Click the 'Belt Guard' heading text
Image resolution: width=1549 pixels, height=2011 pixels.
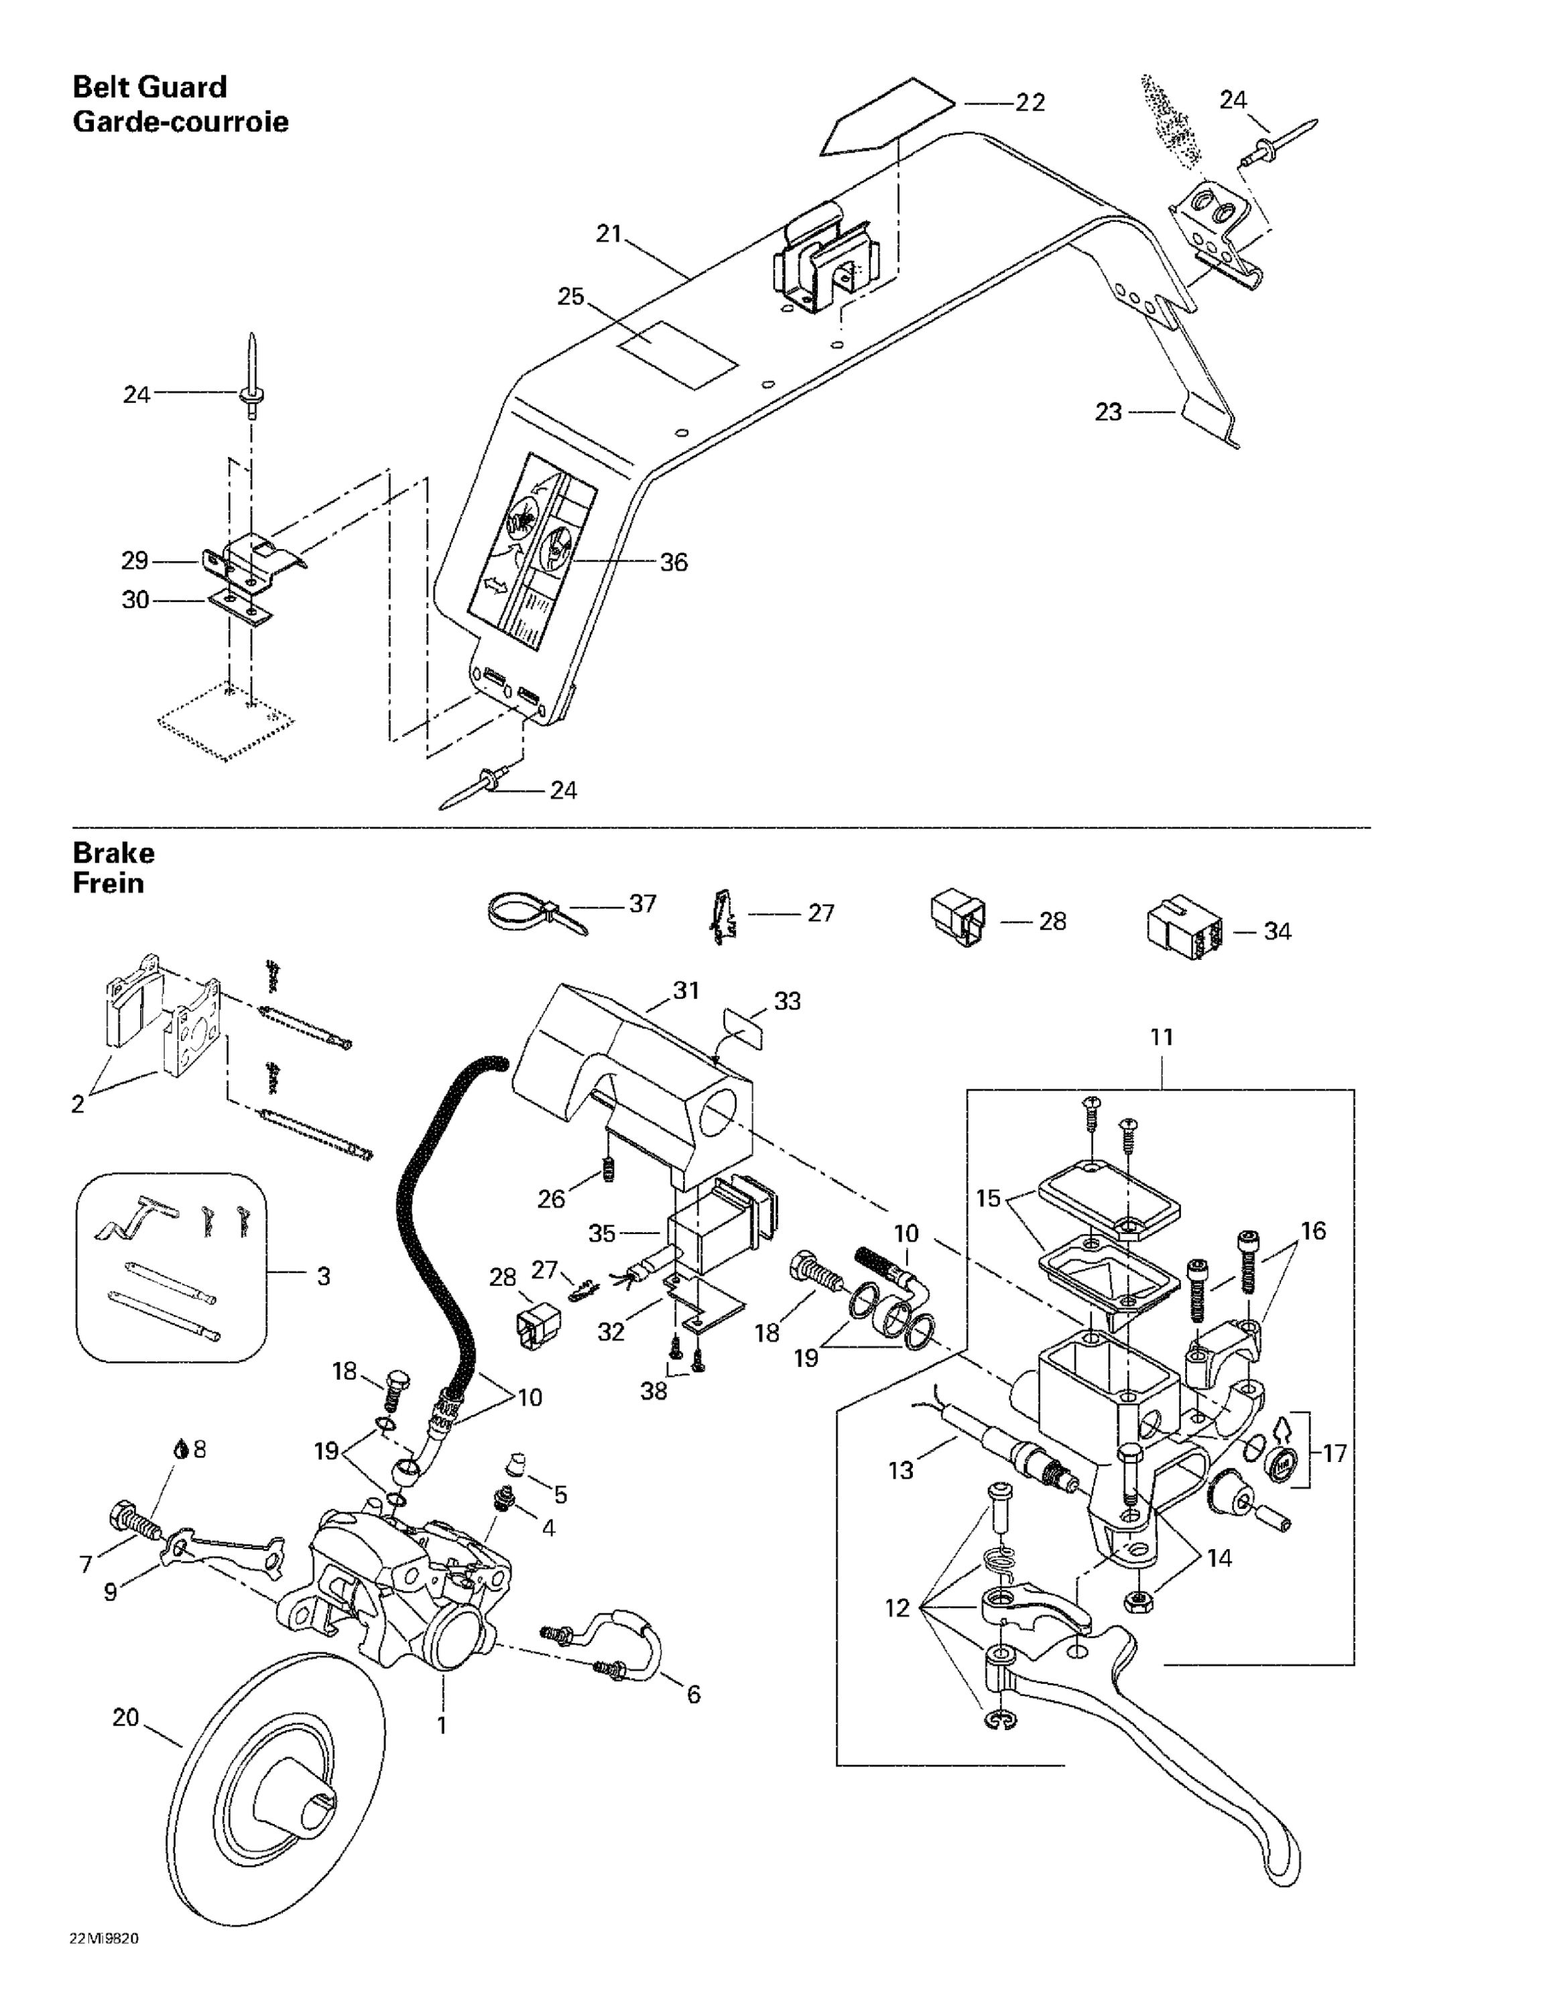(x=149, y=87)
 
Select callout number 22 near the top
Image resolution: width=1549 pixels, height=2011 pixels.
(x=1030, y=102)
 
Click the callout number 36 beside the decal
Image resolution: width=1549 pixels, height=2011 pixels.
(x=673, y=562)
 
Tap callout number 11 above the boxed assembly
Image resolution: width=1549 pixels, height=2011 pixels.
(x=1162, y=1037)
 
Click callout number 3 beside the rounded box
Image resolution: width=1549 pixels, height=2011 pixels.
(x=323, y=1276)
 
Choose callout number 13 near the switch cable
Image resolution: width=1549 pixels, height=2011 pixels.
(x=901, y=1469)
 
